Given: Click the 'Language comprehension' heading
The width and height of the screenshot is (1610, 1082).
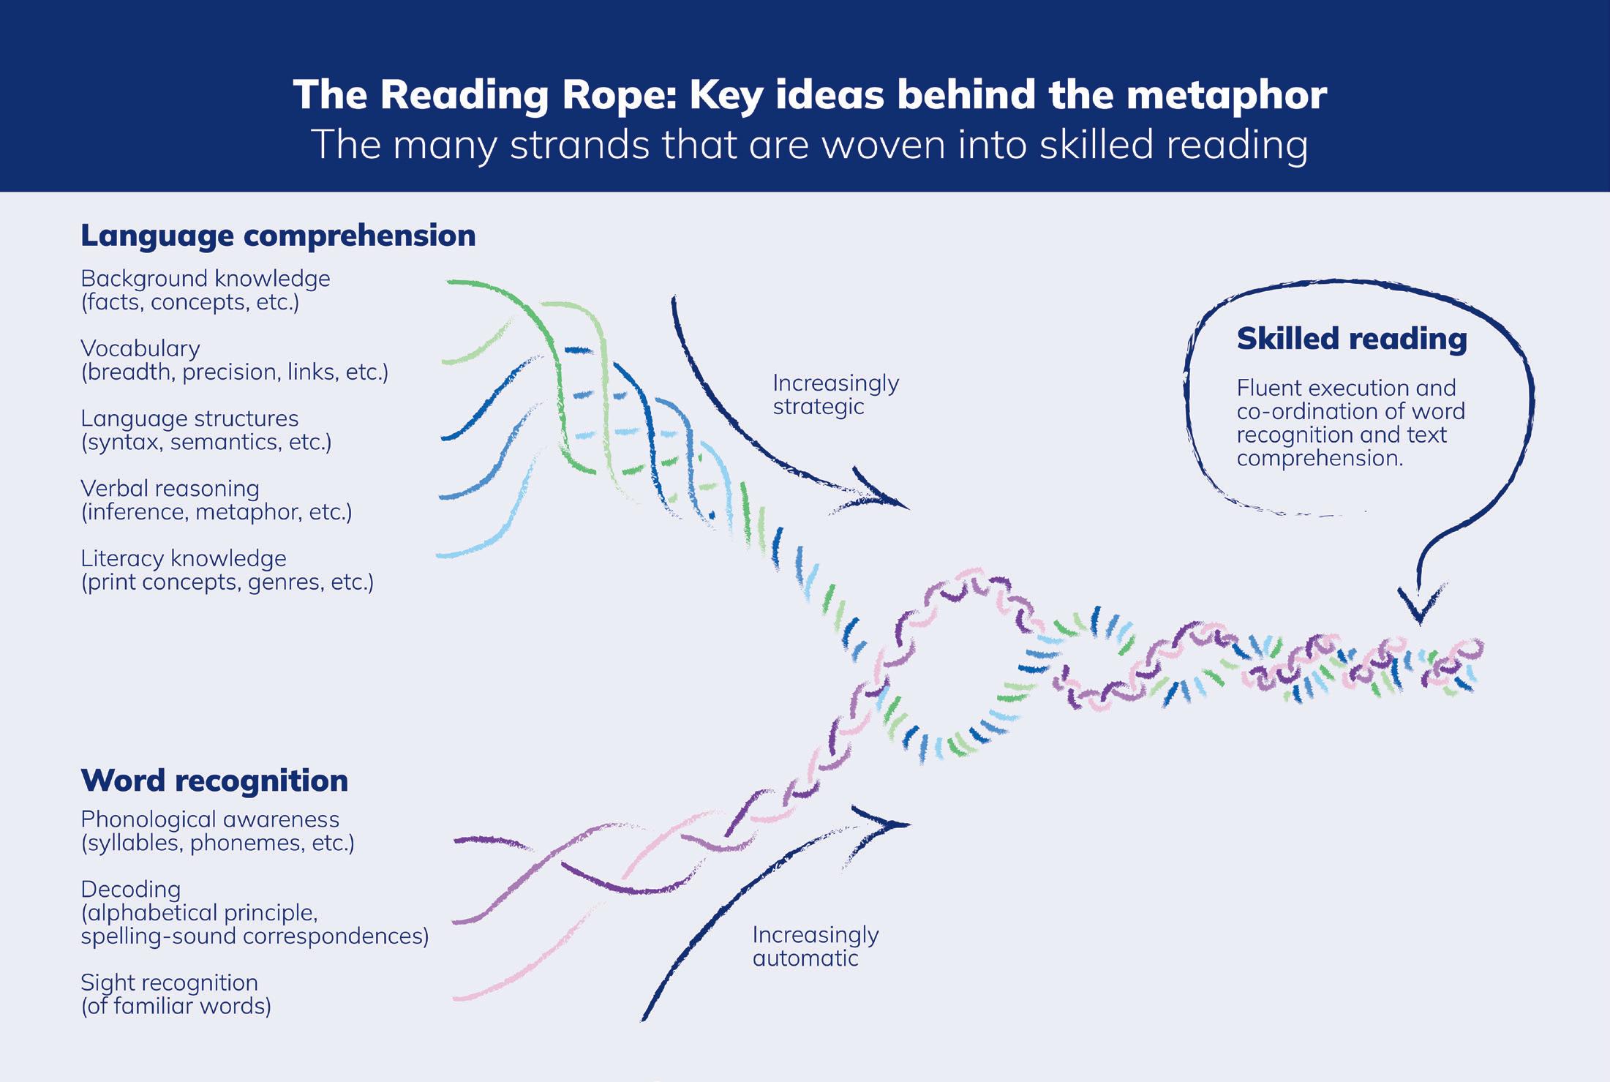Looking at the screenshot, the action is pyautogui.click(x=278, y=236).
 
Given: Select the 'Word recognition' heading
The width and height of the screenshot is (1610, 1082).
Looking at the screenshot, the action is pyautogui.click(x=214, y=781).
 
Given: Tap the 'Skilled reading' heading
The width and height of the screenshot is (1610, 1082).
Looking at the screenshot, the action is pyautogui.click(x=1352, y=339).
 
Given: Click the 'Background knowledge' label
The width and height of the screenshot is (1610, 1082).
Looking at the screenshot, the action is pyautogui.click(x=206, y=279).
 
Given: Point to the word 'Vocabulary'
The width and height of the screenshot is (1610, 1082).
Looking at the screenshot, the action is pyautogui.click(x=140, y=348).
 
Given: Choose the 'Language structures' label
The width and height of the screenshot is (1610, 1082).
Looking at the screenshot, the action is pyautogui.click(x=189, y=418).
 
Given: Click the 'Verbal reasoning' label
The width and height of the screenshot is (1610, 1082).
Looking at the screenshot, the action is pyautogui.click(x=170, y=488).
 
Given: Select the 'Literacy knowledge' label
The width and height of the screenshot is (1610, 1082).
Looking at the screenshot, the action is pyautogui.click(x=184, y=558).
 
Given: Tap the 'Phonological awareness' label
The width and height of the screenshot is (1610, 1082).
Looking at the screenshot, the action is pyautogui.click(x=210, y=819).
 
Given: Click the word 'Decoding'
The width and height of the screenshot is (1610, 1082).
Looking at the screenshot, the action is pyautogui.click(x=130, y=890).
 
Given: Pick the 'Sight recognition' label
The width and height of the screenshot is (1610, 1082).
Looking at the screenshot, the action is pyautogui.click(x=169, y=983).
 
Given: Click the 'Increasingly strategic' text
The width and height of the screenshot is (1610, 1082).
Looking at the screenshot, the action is pyautogui.click(x=835, y=394).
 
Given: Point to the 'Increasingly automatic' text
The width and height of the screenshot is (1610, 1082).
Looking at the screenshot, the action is pyautogui.click(x=815, y=946).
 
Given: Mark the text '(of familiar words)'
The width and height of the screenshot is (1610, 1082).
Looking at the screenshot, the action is pyautogui.click(x=176, y=1006).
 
